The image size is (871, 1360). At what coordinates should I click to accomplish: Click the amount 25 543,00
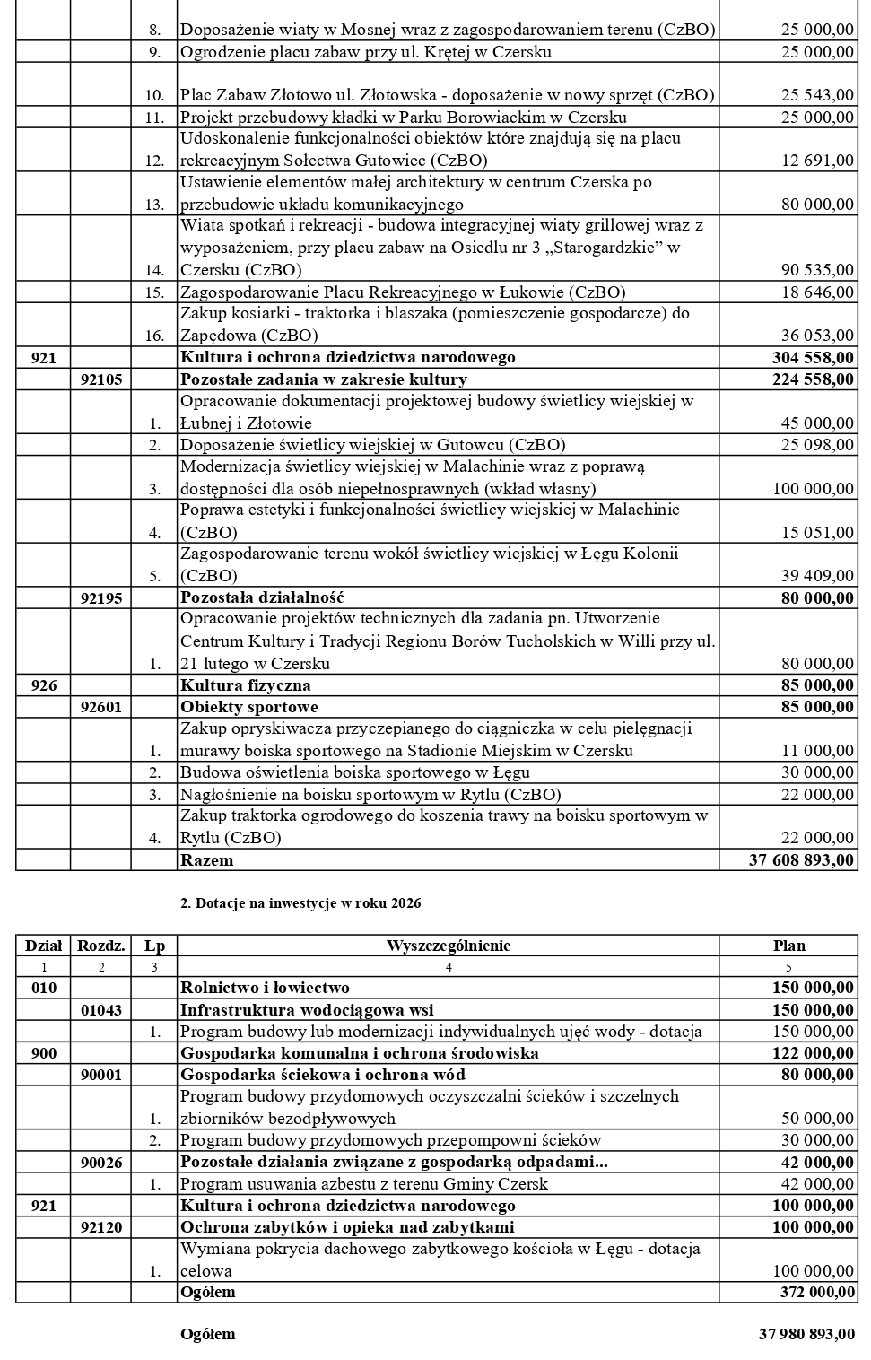click(817, 95)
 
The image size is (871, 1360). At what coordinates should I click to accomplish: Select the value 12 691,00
click(817, 161)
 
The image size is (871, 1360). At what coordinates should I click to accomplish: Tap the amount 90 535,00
click(817, 270)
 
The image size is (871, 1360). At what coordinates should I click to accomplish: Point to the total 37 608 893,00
click(801, 860)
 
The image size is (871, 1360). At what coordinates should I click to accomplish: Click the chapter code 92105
click(101, 379)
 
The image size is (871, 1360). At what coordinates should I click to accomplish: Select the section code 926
click(44, 685)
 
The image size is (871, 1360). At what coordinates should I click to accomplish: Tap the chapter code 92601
click(101, 707)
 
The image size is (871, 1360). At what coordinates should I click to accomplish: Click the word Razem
click(206, 860)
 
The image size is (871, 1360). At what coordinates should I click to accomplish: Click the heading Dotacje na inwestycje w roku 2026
click(300, 903)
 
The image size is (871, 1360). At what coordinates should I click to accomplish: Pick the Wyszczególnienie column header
click(449, 946)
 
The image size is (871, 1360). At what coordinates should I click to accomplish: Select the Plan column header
click(789, 946)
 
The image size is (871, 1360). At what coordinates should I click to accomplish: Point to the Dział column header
click(44, 946)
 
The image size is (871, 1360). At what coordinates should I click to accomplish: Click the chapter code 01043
click(101, 1010)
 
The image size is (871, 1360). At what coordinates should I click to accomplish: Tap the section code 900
click(44, 1053)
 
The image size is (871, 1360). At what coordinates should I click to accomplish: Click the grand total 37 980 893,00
click(806, 1334)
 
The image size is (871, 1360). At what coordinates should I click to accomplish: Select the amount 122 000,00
click(813, 1053)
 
